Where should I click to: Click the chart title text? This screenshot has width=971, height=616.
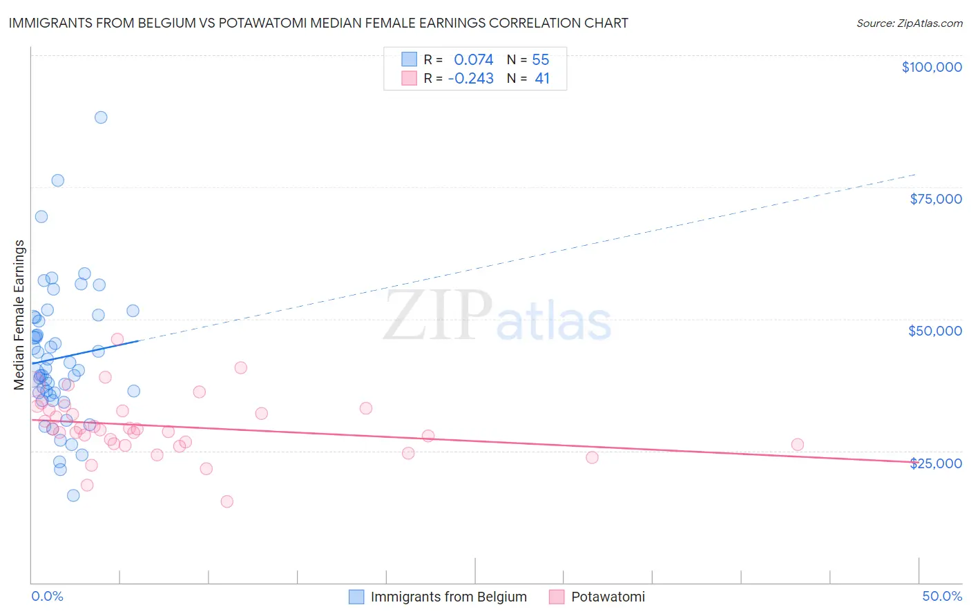click(318, 23)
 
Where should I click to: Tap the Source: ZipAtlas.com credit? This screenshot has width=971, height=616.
click(909, 23)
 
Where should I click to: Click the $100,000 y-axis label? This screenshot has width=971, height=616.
click(932, 67)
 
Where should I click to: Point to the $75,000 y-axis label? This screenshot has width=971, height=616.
click(936, 199)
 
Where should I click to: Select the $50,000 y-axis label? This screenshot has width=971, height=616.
click(935, 331)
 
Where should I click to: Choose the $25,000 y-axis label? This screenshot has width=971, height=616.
click(936, 463)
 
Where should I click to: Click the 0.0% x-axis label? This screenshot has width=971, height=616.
click(47, 596)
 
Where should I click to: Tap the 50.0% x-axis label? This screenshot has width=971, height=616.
click(942, 596)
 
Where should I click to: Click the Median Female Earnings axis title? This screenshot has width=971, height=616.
click(19, 315)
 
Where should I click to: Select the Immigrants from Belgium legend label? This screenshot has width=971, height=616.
click(448, 597)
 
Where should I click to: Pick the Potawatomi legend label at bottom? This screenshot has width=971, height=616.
click(608, 597)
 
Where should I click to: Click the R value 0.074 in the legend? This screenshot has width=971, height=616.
click(474, 60)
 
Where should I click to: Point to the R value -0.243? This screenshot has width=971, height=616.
click(471, 79)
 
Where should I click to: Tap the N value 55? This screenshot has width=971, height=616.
click(541, 60)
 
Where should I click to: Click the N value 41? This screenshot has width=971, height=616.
click(542, 79)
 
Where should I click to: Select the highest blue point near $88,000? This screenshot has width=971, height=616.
click(101, 117)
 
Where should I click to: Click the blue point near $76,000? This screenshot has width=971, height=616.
click(58, 180)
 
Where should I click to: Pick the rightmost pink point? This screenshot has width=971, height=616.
click(798, 445)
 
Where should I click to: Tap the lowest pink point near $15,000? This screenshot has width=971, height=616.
click(227, 501)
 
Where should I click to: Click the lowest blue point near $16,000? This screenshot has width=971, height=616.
click(73, 495)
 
